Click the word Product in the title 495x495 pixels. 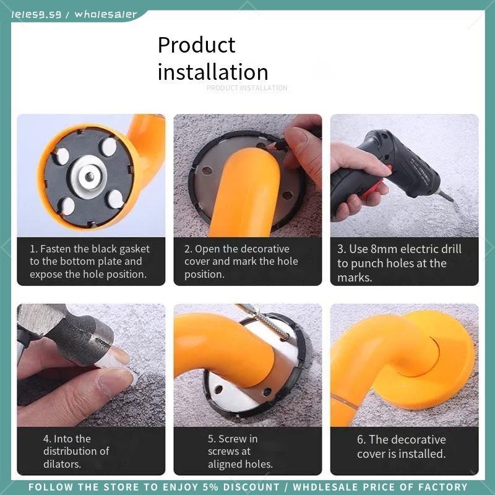pos(196,45)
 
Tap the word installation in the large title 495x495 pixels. pos(213,72)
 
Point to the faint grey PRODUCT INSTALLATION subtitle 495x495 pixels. pos(247,88)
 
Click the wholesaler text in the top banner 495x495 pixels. pos(105,14)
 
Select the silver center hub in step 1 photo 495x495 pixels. pos(88,177)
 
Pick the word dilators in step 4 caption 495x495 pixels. pos(62,463)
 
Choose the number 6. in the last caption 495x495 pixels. pos(361,439)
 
